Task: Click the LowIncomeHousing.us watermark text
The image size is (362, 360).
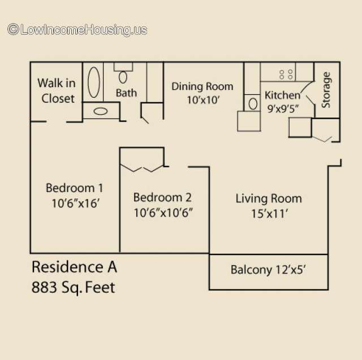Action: pos(77,30)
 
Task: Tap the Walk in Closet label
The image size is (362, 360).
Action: pos(57,91)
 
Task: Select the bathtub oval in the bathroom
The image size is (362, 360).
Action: pos(94,83)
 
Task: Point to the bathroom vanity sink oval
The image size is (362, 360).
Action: pos(101,111)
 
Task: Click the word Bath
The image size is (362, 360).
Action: pos(126,93)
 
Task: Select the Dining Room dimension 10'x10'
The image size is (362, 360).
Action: pos(203,100)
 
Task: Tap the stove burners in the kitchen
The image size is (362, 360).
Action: pos(286,75)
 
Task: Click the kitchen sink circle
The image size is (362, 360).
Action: pos(253,104)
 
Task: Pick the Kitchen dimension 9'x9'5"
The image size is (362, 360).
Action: pos(283,109)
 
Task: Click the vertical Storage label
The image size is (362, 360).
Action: pos(326,90)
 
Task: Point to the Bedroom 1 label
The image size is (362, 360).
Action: pos(74,188)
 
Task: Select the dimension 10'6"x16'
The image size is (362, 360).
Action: pos(75,203)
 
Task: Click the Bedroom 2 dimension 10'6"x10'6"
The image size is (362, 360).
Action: pos(163,212)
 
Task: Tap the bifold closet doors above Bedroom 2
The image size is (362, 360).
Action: pos(142,168)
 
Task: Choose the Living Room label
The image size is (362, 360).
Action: pos(269,198)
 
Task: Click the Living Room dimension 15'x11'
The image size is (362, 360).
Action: pos(269,214)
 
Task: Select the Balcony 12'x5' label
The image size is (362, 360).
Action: pos(268,270)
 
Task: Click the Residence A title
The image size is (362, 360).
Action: pos(74,267)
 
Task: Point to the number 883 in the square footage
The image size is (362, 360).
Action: pos(44,287)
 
